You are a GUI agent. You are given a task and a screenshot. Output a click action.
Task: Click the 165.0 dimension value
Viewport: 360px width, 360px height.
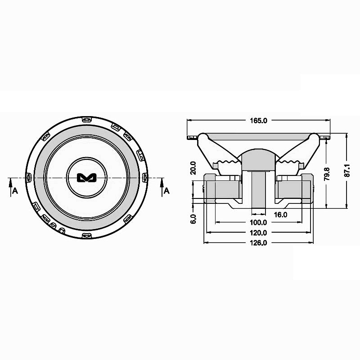click(258, 121)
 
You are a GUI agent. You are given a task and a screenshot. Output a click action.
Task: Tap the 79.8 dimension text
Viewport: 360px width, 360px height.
click(327, 174)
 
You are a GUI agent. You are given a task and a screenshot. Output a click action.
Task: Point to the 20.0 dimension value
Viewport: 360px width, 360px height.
click(193, 168)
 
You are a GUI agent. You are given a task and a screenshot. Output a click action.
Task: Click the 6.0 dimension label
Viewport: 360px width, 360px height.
click(193, 219)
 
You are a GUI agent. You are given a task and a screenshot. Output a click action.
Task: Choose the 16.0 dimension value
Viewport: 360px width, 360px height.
click(280, 215)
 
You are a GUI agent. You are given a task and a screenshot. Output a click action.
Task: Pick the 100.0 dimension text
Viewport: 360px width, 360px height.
click(258, 222)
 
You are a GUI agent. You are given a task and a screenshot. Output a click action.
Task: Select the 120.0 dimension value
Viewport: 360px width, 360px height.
click(258, 233)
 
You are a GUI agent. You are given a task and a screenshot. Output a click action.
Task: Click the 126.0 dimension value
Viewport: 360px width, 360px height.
click(258, 243)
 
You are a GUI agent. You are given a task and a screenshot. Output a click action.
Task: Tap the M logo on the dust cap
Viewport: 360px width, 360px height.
click(86, 178)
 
